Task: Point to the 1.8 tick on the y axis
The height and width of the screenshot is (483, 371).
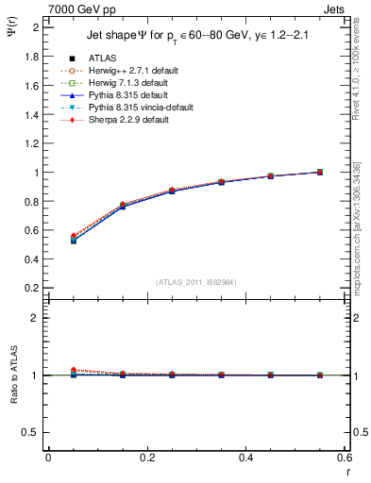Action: coord(33,57)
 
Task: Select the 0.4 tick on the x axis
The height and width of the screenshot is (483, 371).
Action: coord(246,457)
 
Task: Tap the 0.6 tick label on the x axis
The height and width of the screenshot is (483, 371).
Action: coord(345,457)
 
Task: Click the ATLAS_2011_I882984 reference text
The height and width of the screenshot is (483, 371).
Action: coord(196,281)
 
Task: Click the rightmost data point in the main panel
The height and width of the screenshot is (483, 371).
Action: coord(320,172)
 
